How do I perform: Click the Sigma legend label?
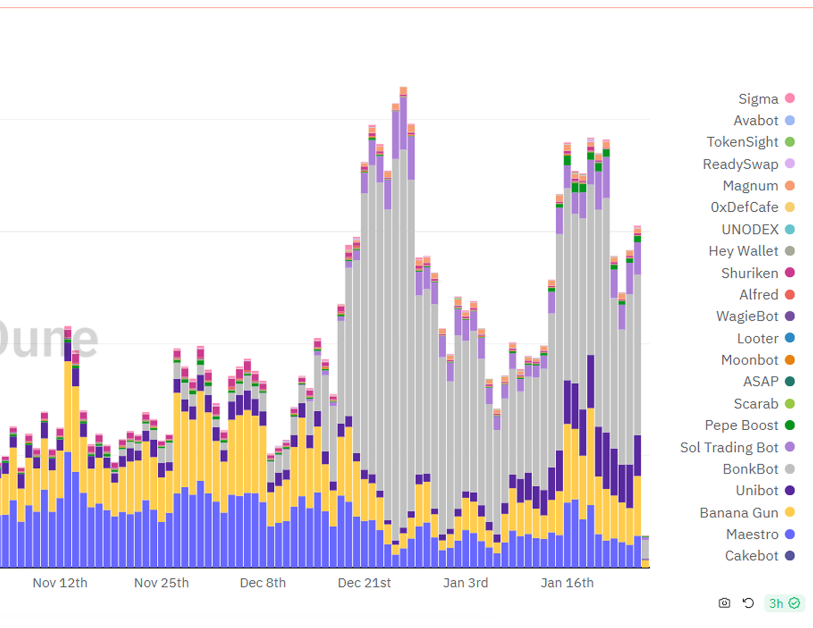click(x=758, y=99)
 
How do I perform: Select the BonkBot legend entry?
click(x=750, y=469)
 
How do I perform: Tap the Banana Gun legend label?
click(x=738, y=513)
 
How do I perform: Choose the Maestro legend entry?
click(x=752, y=535)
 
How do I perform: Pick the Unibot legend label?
click(x=757, y=491)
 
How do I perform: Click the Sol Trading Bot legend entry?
click(x=729, y=447)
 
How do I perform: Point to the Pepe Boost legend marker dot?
click(x=790, y=425)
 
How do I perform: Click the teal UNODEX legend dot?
click(x=790, y=229)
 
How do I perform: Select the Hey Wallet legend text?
click(x=743, y=251)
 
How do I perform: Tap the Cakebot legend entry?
click(x=752, y=556)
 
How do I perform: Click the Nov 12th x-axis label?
click(x=60, y=583)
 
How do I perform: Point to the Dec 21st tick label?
click(x=364, y=583)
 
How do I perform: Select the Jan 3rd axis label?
click(x=465, y=583)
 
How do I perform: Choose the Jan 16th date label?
click(x=567, y=583)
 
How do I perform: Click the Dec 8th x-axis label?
click(x=263, y=583)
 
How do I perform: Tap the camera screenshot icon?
click(x=724, y=603)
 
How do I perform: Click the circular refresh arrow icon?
click(x=748, y=603)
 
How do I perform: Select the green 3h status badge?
click(x=784, y=604)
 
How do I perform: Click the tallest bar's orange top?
click(x=403, y=91)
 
